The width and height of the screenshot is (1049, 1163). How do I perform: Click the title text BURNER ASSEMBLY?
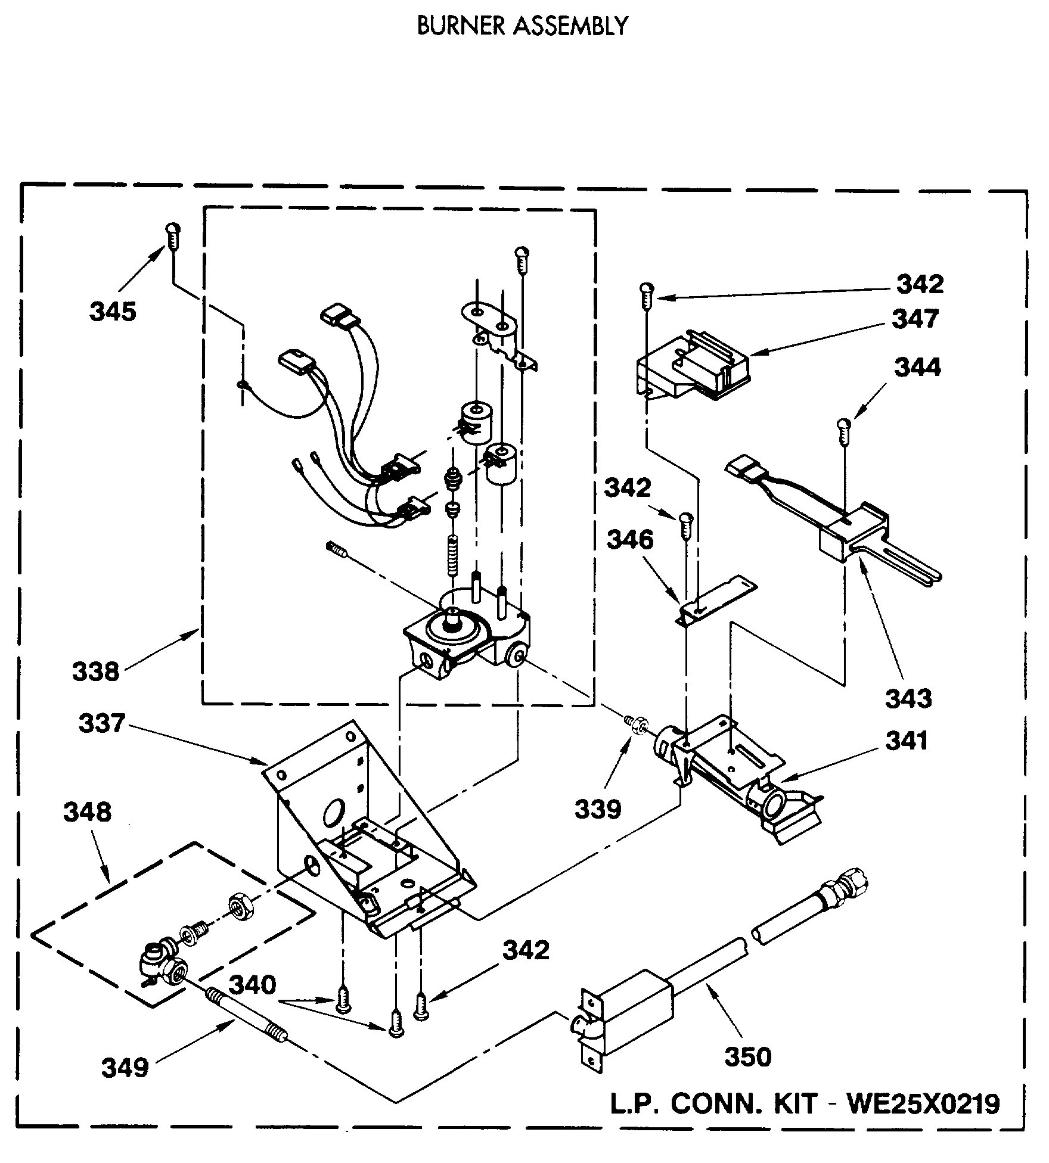pos(522,26)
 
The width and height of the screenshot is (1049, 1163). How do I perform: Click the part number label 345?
pos(113,312)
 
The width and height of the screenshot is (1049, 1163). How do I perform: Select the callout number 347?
pos(915,319)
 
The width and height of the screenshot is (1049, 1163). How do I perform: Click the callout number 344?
pos(917,368)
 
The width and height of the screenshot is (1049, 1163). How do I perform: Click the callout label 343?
pos(908,698)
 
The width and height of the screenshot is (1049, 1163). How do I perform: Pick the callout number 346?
pos(630,540)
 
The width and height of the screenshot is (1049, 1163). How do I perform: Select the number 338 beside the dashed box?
pos(96,671)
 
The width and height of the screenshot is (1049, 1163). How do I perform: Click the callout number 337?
pos(102,724)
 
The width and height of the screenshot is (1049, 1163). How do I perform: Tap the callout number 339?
pos(598,808)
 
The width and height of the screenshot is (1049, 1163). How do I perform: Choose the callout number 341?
pos(907,741)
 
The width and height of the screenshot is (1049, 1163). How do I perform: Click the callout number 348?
pos(87,812)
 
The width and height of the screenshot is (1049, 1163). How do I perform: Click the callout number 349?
pos(125,1068)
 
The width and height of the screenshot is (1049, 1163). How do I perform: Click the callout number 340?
pos(253,985)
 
